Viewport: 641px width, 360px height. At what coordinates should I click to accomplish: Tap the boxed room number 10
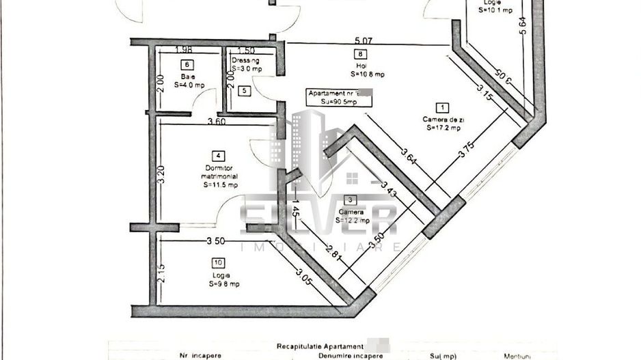pos(218,262)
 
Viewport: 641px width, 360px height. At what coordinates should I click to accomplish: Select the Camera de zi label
pos(442,119)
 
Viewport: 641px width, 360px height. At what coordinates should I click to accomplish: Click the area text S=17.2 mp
pos(443,127)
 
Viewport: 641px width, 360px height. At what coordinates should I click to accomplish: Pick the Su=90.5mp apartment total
pos(338,101)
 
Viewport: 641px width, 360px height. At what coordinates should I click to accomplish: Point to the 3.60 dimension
pos(217,122)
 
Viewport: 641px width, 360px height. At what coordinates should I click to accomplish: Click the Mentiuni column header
pos(518,356)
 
